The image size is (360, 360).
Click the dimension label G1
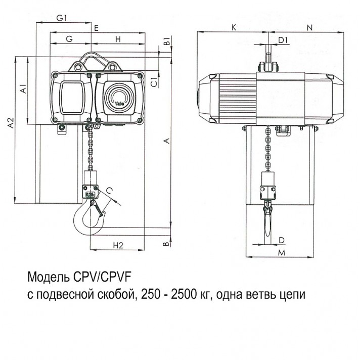click(62, 18)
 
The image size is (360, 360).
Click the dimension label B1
click(166, 40)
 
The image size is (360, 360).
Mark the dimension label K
click(233, 28)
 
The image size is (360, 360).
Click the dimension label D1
click(283, 39)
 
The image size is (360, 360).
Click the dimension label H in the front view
click(118, 39)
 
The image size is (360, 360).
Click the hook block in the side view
click(268, 187)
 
